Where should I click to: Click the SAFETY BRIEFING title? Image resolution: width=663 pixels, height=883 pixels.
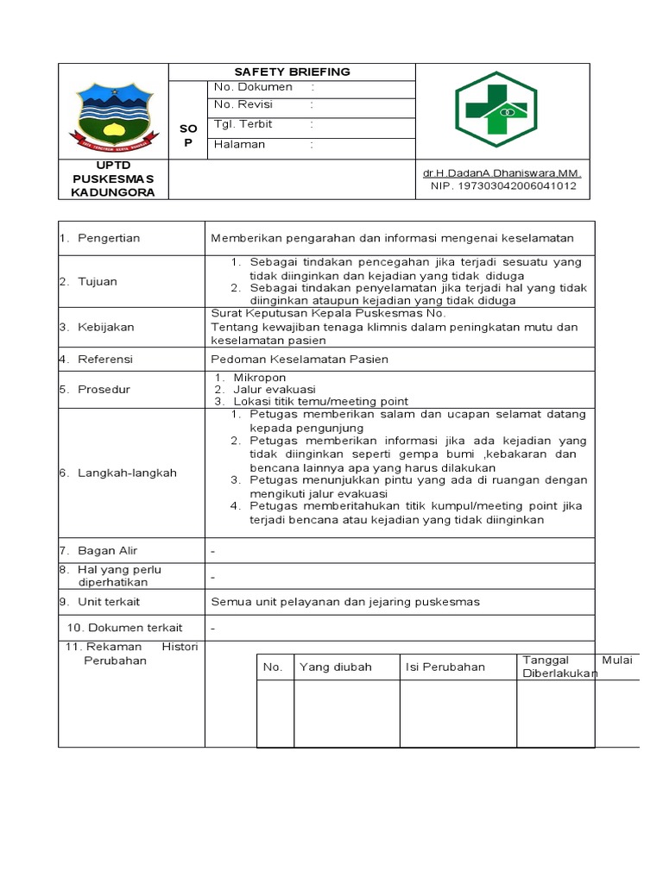[293, 72]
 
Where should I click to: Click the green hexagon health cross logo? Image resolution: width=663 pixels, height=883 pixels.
[496, 110]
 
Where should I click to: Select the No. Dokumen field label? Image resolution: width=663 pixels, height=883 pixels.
[253, 87]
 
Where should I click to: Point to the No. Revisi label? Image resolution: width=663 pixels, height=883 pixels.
[243, 104]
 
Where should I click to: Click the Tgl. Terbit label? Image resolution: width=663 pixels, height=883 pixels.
[243, 124]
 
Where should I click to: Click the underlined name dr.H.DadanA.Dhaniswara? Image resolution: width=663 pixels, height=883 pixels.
[502, 173]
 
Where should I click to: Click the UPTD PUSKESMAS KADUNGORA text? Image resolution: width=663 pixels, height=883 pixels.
[113, 178]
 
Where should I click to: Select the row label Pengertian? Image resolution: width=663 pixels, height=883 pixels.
[109, 238]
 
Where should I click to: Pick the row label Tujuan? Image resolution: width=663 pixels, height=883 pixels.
[98, 281]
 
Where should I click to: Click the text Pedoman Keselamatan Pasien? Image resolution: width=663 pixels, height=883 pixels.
[300, 359]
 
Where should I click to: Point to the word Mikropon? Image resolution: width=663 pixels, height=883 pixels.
[259, 378]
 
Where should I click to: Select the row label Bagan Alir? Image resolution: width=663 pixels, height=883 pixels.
[107, 550]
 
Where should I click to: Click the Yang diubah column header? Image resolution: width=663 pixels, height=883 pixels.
[335, 667]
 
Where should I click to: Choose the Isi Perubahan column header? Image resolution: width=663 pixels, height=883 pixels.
[445, 667]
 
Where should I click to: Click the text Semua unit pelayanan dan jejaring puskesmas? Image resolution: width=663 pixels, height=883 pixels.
[345, 602]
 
